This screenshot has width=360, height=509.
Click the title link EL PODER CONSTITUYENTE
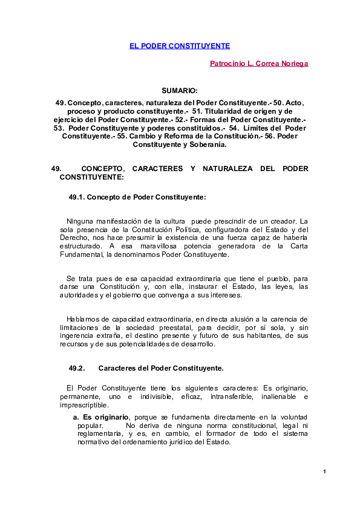(180, 46)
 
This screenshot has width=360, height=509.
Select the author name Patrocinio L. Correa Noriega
(258, 63)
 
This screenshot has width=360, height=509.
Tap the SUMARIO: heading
(180, 90)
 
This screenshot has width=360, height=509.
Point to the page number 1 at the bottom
(324, 472)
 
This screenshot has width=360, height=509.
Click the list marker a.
(76, 417)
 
